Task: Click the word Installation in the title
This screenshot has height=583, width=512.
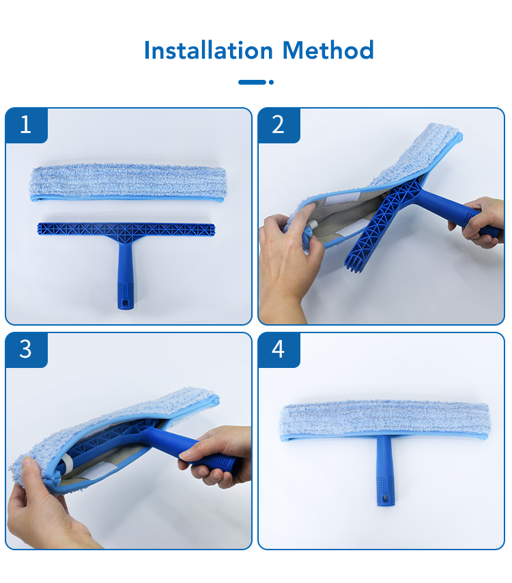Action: pyautogui.click(x=208, y=51)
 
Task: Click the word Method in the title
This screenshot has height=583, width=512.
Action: pyautogui.click(x=328, y=51)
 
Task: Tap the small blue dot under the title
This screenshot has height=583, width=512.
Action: pyautogui.click(x=271, y=82)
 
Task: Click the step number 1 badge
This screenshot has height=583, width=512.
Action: pyautogui.click(x=27, y=125)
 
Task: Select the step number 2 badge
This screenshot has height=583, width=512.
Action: pyautogui.click(x=279, y=125)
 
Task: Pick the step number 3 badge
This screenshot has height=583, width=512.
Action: pyautogui.click(x=27, y=350)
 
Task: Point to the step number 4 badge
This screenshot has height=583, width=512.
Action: pyautogui.click(x=279, y=350)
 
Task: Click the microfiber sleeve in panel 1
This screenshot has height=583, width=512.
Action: pyautogui.click(x=128, y=184)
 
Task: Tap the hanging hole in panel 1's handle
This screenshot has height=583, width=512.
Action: pyautogui.click(x=126, y=302)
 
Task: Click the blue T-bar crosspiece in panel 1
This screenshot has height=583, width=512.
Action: pyautogui.click(x=126, y=229)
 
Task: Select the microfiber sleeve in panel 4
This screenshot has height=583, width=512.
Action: pyautogui.click(x=384, y=421)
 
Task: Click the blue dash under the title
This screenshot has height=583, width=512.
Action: pyautogui.click(x=252, y=82)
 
